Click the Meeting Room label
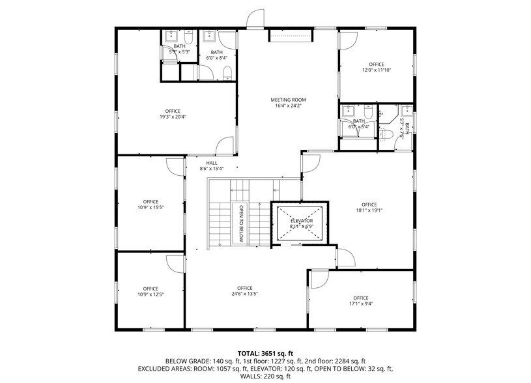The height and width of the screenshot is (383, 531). click(x=288, y=100)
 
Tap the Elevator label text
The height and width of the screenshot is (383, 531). click(x=302, y=221)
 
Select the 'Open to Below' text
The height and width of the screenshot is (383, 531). click(x=240, y=223)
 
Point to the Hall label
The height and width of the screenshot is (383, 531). click(x=212, y=163)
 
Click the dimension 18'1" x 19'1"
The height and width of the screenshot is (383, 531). click(x=369, y=210)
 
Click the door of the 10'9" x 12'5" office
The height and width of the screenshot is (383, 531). click(x=175, y=263)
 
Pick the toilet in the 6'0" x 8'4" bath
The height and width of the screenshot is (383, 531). click(x=226, y=72)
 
